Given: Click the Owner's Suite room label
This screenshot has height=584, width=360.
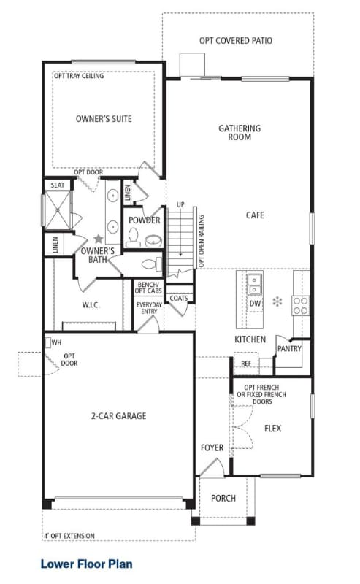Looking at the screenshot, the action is [104, 119].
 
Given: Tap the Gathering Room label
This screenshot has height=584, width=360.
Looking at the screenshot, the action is [240, 133].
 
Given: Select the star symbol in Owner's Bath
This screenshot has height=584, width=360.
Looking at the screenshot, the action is [99, 239].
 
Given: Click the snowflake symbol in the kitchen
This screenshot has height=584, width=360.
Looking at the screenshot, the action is [277, 301].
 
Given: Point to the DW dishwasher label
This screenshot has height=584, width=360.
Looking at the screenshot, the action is [256, 304].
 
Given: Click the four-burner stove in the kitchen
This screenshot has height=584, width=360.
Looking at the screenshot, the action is [300, 305].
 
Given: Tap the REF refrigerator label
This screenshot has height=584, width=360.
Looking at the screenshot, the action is [246, 363].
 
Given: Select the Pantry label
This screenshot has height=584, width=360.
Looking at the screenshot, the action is [289, 349].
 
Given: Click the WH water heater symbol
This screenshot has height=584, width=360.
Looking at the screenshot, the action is [48, 342].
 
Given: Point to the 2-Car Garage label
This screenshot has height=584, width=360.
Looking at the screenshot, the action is [119, 415].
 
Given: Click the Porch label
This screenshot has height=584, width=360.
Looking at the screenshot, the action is [223, 498].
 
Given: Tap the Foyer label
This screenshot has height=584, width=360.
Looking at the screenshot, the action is [212, 447].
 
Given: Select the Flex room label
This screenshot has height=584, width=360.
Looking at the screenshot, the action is [273, 429].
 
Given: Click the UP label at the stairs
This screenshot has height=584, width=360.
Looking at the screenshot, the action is [181, 204].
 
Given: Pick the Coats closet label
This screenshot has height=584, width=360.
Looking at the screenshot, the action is [179, 298].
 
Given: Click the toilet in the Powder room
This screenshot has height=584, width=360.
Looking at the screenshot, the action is [133, 237].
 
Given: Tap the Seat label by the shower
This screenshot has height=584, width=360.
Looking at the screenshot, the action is [58, 185].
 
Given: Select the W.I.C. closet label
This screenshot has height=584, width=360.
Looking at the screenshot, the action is [91, 305].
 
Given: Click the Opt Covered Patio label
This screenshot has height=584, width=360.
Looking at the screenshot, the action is [236, 41].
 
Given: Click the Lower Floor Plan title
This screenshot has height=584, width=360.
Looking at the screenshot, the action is [86, 564].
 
